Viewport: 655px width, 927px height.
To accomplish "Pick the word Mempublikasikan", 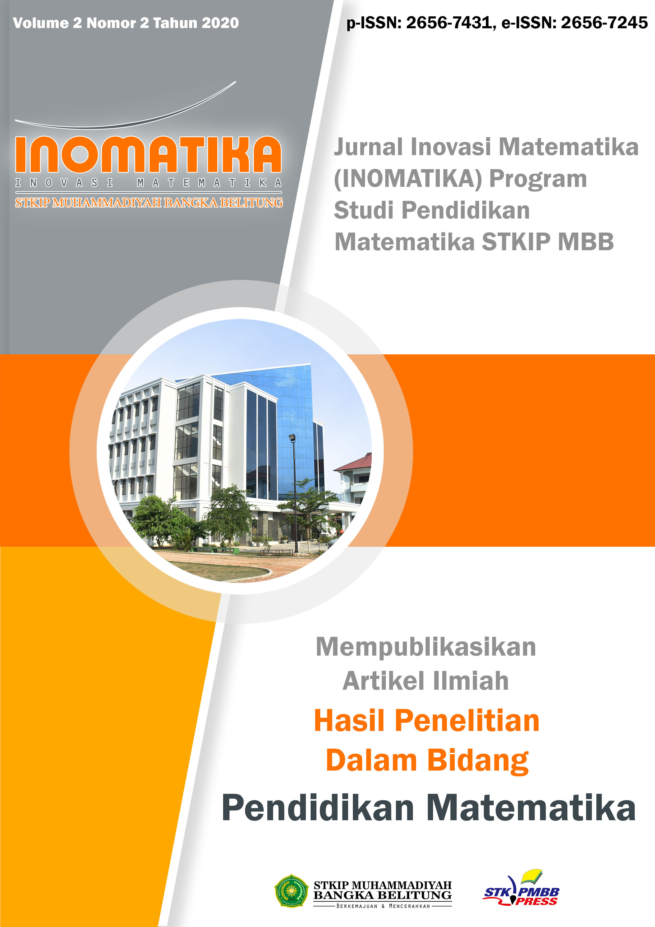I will [426, 647].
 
